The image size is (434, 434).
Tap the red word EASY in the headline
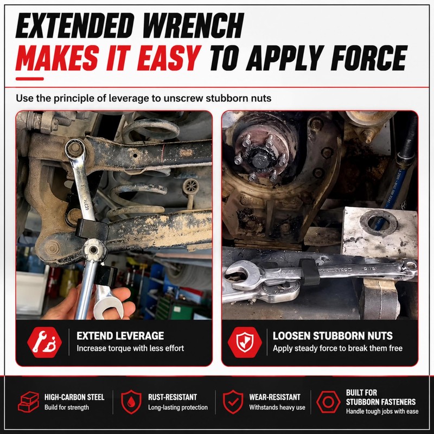tap(169, 58)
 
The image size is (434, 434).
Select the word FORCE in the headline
tap(369, 58)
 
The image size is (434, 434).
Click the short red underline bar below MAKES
tap(30, 79)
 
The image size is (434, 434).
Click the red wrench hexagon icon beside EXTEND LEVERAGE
tap(44, 342)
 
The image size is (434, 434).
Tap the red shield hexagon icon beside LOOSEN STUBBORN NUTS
tap(245, 342)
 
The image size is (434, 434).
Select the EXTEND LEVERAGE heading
tap(120, 336)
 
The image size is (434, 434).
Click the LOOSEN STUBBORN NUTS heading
tap(333, 336)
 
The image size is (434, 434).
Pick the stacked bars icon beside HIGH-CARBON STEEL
tap(29, 402)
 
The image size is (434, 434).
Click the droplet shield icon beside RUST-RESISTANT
tap(131, 402)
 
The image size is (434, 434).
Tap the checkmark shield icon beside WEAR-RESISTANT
tap(233, 402)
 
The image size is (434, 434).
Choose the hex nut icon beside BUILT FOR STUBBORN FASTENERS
tap(328, 402)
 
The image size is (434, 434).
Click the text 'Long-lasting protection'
tap(178, 407)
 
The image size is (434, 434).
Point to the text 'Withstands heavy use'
tap(277, 407)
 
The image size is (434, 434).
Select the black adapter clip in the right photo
tap(309, 272)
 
